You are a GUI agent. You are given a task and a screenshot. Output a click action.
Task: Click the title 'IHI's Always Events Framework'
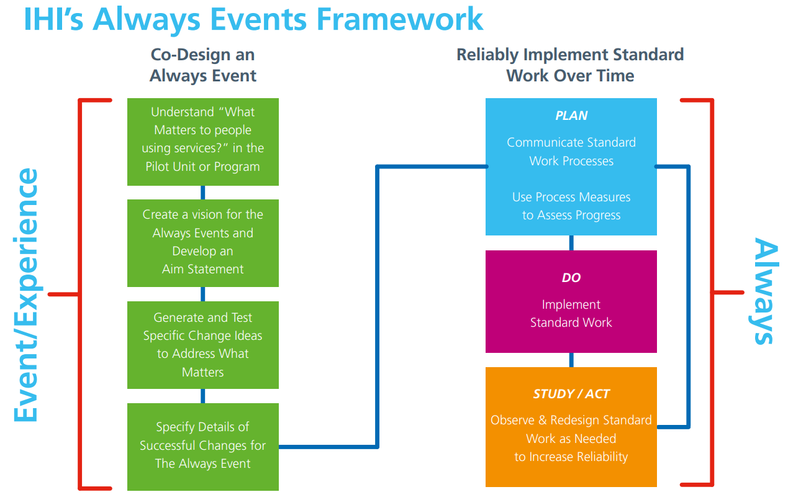[253, 19]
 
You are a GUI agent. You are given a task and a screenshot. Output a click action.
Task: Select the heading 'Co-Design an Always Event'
[203, 65]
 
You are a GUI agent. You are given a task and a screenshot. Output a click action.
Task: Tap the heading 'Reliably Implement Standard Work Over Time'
[570, 65]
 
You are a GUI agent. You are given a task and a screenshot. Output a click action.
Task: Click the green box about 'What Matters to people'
[203, 142]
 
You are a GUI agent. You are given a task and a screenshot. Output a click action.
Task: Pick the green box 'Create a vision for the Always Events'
[203, 244]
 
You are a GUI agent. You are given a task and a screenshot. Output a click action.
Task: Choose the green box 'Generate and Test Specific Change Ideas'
[203, 345]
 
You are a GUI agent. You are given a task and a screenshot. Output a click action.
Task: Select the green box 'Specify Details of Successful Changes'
[203, 447]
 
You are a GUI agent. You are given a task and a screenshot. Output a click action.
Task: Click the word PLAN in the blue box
[571, 116]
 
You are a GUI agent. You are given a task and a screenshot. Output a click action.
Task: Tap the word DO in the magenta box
[571, 278]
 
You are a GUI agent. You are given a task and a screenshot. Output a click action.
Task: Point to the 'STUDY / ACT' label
[571, 394]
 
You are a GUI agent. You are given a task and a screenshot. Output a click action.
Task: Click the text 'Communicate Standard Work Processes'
[571, 152]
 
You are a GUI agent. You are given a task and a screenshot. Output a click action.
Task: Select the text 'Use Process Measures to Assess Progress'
[571, 206]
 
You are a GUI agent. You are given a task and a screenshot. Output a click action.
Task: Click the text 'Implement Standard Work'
[571, 314]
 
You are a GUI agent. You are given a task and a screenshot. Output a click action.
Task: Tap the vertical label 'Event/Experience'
[26, 294]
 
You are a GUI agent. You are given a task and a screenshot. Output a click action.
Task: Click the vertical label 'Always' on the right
[764, 291]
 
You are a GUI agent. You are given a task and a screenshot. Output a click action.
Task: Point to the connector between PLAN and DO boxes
[571, 243]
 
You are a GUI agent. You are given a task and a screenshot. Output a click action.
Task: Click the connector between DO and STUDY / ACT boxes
[571, 360]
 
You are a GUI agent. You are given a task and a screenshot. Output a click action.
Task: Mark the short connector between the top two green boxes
[203, 193]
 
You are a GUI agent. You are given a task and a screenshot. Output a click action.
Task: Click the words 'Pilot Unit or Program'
[202, 166]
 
